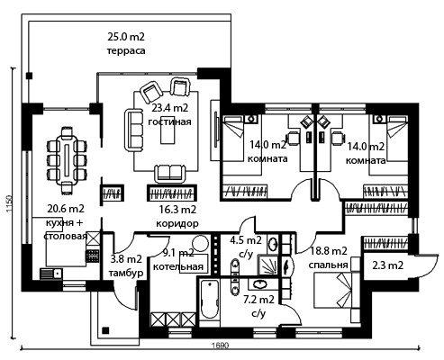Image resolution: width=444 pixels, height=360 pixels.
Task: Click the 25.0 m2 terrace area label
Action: [126, 37]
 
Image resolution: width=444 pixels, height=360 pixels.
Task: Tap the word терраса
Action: [126, 50]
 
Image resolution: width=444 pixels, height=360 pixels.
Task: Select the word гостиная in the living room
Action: [170, 121]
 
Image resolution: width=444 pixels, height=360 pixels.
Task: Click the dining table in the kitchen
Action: [67, 159]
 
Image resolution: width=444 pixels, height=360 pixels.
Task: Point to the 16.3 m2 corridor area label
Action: [177, 210]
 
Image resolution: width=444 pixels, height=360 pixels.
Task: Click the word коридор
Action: [177, 223]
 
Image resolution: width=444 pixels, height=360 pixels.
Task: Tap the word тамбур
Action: [126, 273]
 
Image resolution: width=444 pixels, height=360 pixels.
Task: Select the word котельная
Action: [178, 266]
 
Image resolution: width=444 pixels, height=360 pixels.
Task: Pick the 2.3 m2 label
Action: [387, 265]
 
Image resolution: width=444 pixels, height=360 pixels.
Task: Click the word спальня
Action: [328, 265]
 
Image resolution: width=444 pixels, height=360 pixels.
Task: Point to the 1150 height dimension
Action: [9, 204]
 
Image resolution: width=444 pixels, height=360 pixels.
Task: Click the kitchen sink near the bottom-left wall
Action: [50, 274]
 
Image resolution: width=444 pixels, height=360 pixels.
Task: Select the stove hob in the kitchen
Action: [93, 256]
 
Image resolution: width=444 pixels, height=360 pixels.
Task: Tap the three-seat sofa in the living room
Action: [134, 130]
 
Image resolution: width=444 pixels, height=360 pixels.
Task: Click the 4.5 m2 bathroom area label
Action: [246, 240]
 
